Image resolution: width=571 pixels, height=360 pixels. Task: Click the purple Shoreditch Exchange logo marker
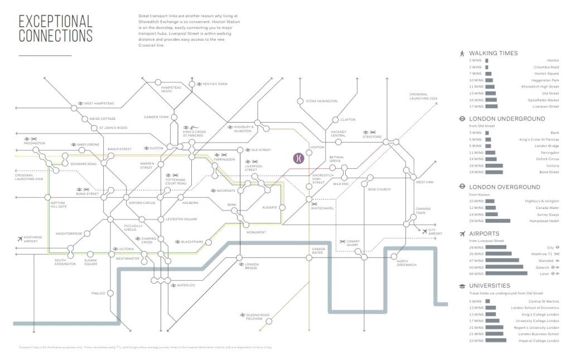(x=299, y=158)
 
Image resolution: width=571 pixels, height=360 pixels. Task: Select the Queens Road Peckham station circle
(x=268, y=320)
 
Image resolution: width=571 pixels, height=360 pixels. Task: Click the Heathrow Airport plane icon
(x=20, y=239)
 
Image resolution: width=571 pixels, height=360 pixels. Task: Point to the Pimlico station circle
(x=110, y=293)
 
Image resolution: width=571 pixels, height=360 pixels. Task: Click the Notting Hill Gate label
(x=59, y=205)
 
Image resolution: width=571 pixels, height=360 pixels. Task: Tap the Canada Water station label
(x=317, y=251)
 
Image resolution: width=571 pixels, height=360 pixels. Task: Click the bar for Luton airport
(x=506, y=274)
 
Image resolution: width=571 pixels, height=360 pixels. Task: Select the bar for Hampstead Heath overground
(x=497, y=221)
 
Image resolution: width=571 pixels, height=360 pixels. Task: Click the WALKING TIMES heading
(x=493, y=53)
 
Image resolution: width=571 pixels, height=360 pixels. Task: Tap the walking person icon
(x=462, y=53)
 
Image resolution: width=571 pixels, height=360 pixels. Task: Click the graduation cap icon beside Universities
(x=462, y=286)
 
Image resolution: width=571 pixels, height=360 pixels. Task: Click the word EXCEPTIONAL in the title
(x=55, y=22)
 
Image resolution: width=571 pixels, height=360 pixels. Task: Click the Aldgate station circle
(x=282, y=207)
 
